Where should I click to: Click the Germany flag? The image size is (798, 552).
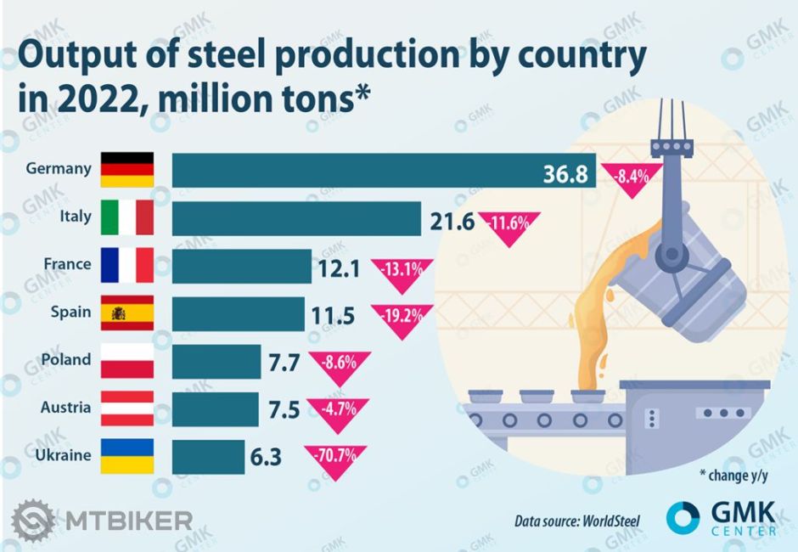tap(127, 170)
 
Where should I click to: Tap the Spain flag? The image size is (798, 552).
tap(127, 313)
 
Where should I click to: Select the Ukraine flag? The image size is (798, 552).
tap(127, 456)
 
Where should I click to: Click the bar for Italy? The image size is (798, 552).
tap(296, 218)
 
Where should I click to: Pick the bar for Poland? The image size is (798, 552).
tap(216, 361)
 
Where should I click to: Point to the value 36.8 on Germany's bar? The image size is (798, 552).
tap(565, 174)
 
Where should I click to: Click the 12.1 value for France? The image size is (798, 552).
tap(340, 270)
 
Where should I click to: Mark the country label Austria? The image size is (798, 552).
tap(65, 408)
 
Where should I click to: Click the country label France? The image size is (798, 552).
tap(67, 264)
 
